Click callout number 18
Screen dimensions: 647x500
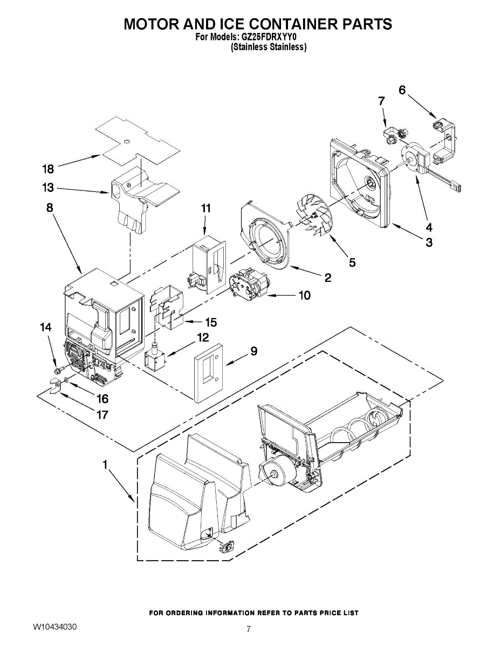coord(48,169)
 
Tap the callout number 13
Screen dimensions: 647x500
coord(48,188)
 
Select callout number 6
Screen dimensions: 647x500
coord(402,91)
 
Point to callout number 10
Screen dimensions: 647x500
coord(304,295)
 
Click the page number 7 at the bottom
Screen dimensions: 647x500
coord(249,629)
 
